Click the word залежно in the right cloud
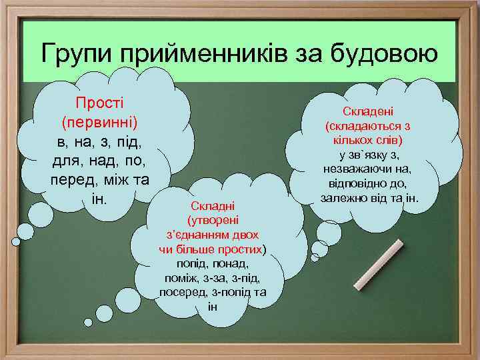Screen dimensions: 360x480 (344, 198)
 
